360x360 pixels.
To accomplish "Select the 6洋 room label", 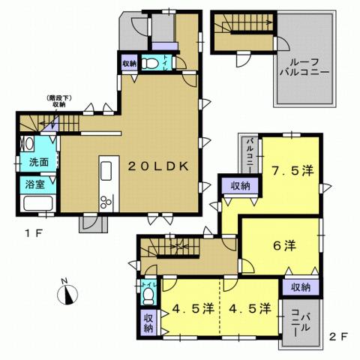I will pyautogui.click(x=283, y=244).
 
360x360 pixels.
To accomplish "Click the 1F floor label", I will pyautogui.click(x=31, y=232).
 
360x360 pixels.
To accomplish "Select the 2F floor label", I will pyautogui.click(x=338, y=337).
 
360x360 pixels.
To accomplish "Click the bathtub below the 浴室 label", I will pyautogui.click(x=36, y=203).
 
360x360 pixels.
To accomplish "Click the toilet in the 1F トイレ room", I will pyautogui.click(x=152, y=64).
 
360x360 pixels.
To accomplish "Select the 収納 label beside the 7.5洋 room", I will pyautogui.click(x=240, y=185).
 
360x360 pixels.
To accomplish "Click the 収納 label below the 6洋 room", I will pyautogui.click(x=301, y=286).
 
